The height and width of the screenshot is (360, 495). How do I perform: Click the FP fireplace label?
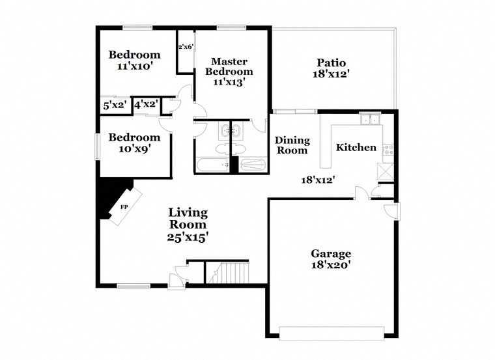tap(124, 207)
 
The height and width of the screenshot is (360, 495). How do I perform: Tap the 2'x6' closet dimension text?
tap(186, 47)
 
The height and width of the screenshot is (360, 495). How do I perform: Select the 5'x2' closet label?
tap(115, 105)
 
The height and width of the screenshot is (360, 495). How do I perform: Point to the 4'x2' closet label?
tap(146, 104)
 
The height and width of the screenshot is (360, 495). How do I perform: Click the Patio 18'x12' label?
tap(331, 68)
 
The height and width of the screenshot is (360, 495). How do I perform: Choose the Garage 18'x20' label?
tap(331, 259)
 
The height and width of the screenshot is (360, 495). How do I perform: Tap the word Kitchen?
tap(356, 147)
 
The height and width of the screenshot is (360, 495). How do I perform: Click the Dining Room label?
tap(292, 145)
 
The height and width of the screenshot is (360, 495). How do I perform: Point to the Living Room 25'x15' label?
tap(188, 225)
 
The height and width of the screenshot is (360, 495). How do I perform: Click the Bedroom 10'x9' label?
tap(134, 143)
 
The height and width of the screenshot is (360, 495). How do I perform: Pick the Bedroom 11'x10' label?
tap(135, 60)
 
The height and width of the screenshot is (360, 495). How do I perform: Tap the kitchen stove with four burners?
tap(388, 150)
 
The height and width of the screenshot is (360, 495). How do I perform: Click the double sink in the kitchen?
tap(370, 120)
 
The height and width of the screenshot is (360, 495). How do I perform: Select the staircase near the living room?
tap(229, 273)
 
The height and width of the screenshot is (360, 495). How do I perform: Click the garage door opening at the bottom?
tap(332, 333)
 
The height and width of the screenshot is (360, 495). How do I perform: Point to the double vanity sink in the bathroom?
tap(231, 130)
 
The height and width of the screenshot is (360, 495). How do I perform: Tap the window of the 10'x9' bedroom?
tap(98, 146)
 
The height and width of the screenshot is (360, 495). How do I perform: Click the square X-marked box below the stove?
tap(386, 171)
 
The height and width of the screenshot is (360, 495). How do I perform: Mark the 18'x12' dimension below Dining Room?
tap(318, 180)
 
